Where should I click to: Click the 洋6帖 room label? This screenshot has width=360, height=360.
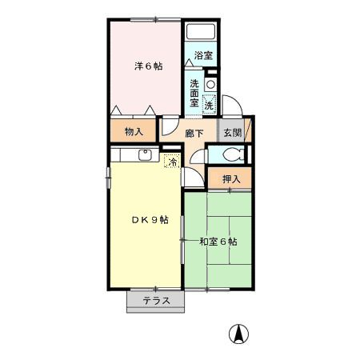tap(148, 66)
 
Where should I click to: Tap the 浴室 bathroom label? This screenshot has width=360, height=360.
tap(203, 55)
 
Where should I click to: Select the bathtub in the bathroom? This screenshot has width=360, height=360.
tap(201, 32)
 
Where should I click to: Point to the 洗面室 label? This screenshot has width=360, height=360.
tap(194, 93)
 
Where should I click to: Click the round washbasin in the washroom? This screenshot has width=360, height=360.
tap(210, 85)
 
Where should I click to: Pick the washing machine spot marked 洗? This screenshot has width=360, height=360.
tap(209, 105)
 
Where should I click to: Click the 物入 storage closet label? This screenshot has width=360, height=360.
tap(134, 131)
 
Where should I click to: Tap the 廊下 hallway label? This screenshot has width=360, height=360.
tap(194, 133)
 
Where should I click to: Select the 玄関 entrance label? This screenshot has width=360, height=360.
tap(233, 132)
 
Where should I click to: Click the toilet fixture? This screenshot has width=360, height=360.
tap(234, 154)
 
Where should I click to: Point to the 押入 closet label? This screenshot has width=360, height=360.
tap(231, 179)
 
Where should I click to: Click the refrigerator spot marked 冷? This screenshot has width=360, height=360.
tap(173, 161)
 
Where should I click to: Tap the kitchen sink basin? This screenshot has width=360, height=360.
tap(146, 155)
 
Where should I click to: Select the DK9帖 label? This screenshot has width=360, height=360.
tap(150, 220)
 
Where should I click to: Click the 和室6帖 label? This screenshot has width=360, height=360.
tap(218, 242)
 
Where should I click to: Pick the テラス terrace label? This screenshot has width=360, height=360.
tap(156, 301)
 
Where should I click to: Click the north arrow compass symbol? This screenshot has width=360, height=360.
tap(238, 334)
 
